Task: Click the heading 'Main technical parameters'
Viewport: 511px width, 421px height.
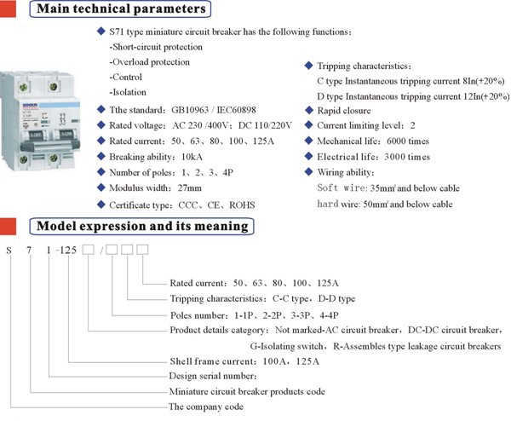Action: tap(121, 9)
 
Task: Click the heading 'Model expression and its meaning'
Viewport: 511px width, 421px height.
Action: tap(142, 226)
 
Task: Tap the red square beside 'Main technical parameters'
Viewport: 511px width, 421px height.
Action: tap(8, 9)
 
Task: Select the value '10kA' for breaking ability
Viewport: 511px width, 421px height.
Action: tap(192, 157)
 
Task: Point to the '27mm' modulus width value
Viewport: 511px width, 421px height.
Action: tap(189, 187)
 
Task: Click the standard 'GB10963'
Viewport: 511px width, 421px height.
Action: tap(190, 110)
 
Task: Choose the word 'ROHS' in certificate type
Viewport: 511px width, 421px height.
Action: tap(242, 205)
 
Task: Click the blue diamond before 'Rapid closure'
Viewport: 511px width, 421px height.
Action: tap(308, 110)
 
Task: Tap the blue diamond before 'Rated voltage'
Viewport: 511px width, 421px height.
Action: tap(101, 125)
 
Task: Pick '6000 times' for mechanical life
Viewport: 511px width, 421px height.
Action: tap(408, 141)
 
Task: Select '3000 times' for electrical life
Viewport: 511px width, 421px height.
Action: tap(407, 157)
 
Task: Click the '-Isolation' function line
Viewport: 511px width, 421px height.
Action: tap(128, 92)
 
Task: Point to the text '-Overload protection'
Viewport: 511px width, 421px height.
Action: tap(150, 62)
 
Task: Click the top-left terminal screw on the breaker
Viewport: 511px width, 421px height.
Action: tap(23, 87)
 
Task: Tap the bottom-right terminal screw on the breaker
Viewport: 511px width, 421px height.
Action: tap(53, 159)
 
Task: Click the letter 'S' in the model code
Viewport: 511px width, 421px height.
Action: tap(9, 250)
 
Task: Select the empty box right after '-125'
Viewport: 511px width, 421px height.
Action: tap(88, 250)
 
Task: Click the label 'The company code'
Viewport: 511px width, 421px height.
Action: tap(206, 407)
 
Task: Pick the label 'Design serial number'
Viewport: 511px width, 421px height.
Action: tap(213, 376)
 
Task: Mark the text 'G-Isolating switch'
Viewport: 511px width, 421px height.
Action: tap(287, 346)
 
